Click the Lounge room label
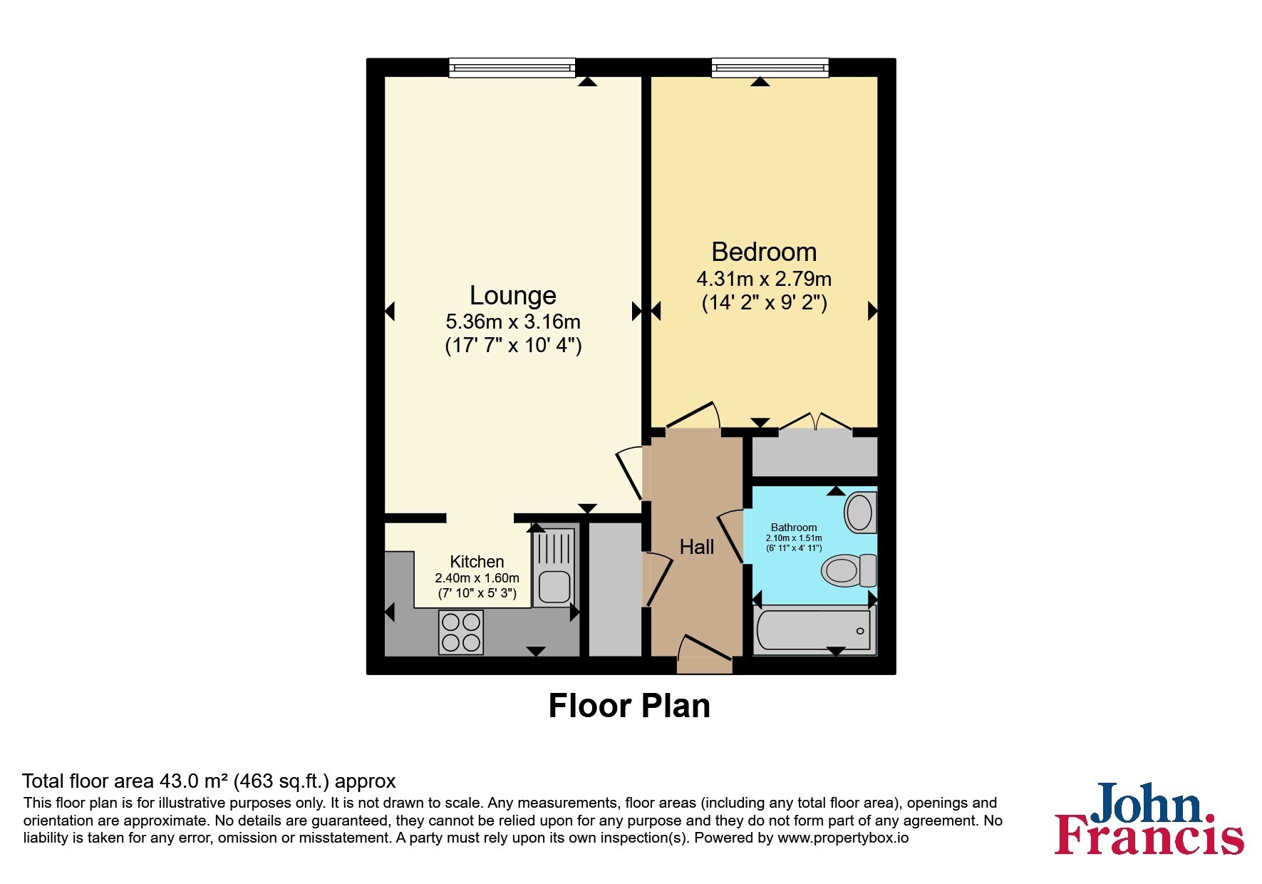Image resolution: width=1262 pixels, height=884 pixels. pyautogui.click(x=512, y=295)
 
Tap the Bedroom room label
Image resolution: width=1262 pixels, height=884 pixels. pyautogui.click(x=764, y=252)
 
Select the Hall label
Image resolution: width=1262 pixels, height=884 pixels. pyautogui.click(x=697, y=547)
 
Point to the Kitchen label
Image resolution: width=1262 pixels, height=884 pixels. pyautogui.click(x=477, y=562)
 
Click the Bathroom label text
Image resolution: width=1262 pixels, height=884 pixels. pyautogui.click(x=794, y=528)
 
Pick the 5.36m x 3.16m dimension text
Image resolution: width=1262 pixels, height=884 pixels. pyautogui.click(x=513, y=322)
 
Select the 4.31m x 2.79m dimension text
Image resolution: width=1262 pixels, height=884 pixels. pyautogui.click(x=764, y=279)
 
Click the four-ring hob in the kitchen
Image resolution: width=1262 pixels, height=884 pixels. pyautogui.click(x=461, y=632)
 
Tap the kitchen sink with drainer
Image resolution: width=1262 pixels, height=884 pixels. pyautogui.click(x=553, y=567)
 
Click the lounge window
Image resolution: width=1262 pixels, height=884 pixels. pyautogui.click(x=512, y=68)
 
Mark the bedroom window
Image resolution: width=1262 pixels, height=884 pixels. pyautogui.click(x=770, y=68)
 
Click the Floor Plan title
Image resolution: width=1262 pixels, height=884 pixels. pyautogui.click(x=629, y=706)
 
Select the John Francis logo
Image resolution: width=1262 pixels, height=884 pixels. pyautogui.click(x=1149, y=818)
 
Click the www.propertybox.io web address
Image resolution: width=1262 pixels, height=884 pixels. pyautogui.click(x=843, y=838)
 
